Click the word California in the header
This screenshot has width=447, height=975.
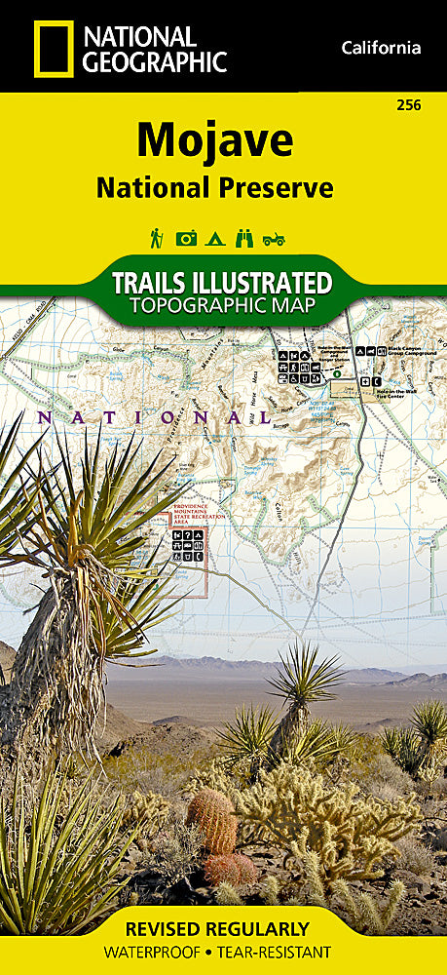point(381,47)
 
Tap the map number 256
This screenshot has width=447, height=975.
point(410,104)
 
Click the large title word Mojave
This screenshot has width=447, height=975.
point(214,141)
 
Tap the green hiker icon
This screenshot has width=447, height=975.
point(156,237)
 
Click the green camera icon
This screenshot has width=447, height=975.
point(186,238)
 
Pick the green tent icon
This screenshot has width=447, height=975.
point(215,238)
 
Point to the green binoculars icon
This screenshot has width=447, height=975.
point(244,238)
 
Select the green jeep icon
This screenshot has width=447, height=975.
point(274,238)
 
